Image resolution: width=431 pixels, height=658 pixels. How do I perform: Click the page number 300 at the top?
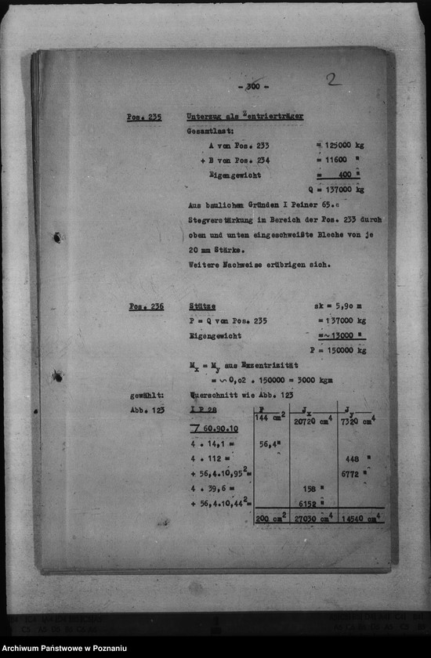coord(252,86)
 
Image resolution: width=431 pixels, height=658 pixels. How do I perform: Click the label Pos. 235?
coord(143,117)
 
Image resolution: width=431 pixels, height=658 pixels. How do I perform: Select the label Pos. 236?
coord(146,306)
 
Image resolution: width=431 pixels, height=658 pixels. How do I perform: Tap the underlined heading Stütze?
coord(202,306)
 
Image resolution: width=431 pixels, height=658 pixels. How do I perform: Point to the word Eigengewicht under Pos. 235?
coord(235,175)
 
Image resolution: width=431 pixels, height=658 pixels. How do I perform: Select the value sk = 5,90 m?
coord(339,306)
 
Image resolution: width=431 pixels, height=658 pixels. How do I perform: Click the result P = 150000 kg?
coord(338,350)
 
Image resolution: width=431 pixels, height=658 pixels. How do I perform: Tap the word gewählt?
coord(147,396)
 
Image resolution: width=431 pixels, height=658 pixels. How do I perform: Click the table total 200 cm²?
coord(271,519)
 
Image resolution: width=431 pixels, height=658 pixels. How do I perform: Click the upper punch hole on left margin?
coord(57,237)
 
